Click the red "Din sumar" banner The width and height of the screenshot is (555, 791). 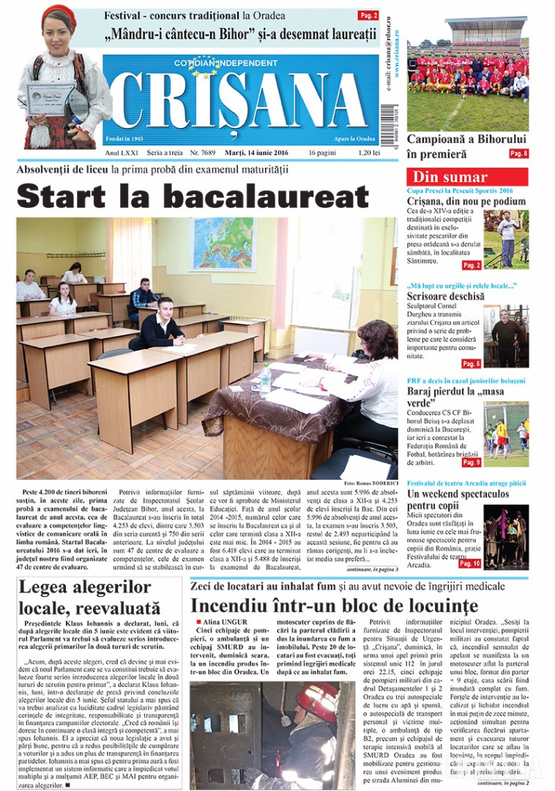pos(466,177)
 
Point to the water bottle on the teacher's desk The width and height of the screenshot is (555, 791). pos(265,379)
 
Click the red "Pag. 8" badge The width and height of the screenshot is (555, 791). pos(518,154)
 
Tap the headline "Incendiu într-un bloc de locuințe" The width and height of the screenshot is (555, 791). pos(334,606)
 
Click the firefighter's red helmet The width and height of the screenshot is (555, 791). pos(317,700)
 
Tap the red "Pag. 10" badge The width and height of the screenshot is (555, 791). pos(469,563)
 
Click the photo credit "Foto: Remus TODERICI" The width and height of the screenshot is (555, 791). pos(370,483)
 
